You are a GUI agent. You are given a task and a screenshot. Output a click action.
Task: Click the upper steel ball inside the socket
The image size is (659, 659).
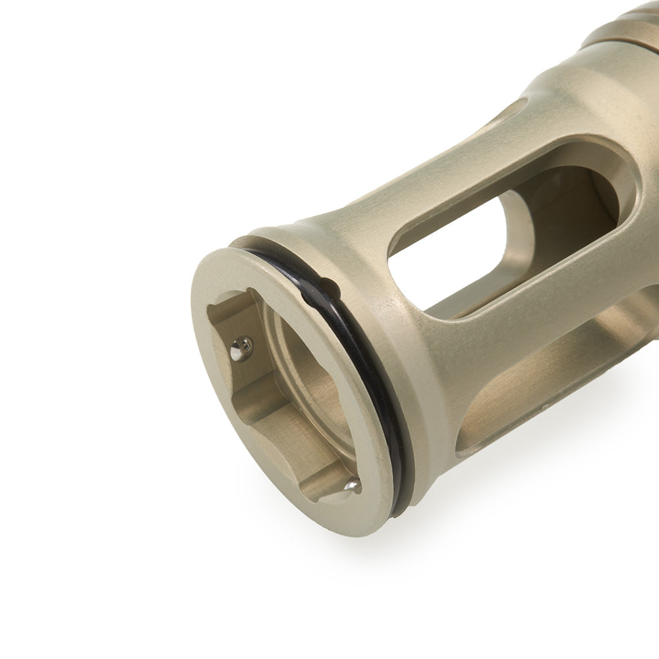[x=241, y=349]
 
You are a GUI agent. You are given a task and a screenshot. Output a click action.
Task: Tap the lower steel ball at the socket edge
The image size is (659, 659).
[x=352, y=486]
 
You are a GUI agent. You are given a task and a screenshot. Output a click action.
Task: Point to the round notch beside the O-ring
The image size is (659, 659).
[x=329, y=288]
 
